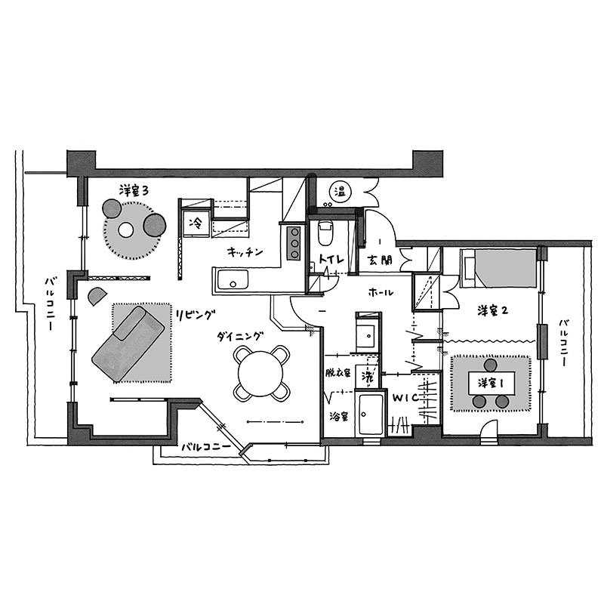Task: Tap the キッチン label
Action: (x=245, y=252)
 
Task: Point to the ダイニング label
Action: (x=240, y=337)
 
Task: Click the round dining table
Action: (x=260, y=372)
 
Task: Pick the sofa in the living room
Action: (x=129, y=344)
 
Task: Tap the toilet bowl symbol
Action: (x=325, y=233)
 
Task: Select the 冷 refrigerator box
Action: (x=196, y=223)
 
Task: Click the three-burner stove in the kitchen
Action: (x=294, y=243)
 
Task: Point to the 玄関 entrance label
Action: (x=379, y=260)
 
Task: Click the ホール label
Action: (x=381, y=293)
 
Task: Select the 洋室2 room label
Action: (x=493, y=310)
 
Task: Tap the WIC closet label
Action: (x=405, y=398)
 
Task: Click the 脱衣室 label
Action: (x=337, y=372)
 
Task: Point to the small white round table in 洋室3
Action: (x=125, y=230)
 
